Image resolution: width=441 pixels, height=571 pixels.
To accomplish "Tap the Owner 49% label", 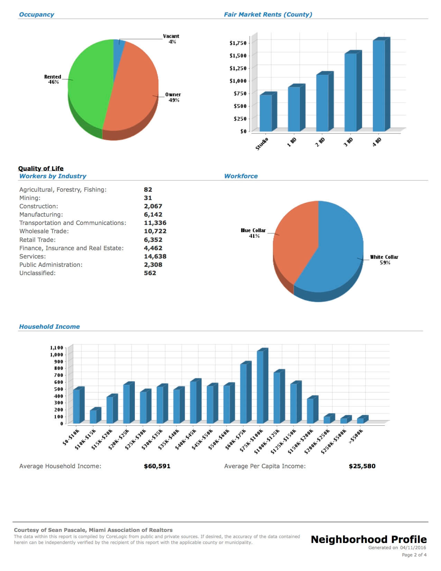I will click(x=173, y=97).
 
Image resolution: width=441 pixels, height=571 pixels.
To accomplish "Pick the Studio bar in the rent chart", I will click(x=266, y=112).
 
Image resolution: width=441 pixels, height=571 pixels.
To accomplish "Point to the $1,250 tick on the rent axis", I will click(x=238, y=68).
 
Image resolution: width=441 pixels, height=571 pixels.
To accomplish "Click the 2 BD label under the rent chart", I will click(x=320, y=142).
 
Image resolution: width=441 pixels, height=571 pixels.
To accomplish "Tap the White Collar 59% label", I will click(x=384, y=260).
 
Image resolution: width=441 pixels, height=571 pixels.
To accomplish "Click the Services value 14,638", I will click(x=155, y=256).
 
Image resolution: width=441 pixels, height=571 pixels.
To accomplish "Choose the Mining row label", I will click(x=30, y=198).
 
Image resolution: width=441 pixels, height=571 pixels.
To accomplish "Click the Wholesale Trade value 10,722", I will click(x=155, y=231).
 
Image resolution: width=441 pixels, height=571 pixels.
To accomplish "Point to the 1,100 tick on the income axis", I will click(x=57, y=348).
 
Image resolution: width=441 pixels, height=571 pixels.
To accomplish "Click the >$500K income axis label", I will click(x=356, y=436).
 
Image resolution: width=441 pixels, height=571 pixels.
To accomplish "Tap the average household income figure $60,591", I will click(x=157, y=466).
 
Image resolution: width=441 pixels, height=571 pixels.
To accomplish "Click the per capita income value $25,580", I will click(x=362, y=466).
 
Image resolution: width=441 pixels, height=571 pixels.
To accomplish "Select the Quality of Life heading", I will click(x=41, y=169).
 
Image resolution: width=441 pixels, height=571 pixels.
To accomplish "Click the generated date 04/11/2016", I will click(x=413, y=547).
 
